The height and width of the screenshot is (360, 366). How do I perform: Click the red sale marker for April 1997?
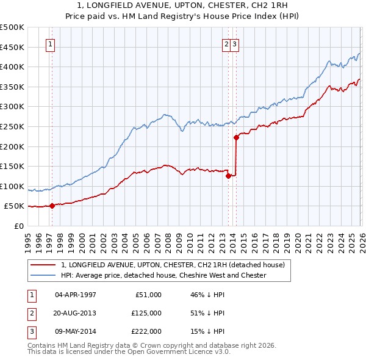(52, 206)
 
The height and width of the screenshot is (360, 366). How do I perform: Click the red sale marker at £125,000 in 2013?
(228, 176)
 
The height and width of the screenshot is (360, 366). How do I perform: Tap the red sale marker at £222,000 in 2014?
(236, 137)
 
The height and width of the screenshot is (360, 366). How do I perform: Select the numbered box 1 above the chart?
(49, 44)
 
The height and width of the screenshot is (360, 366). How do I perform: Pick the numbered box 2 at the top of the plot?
(226, 44)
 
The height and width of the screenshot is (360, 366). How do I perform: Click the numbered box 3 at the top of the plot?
(235, 44)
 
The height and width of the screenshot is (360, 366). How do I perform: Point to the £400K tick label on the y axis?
(12, 67)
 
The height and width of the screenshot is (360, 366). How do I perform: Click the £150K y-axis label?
(12, 166)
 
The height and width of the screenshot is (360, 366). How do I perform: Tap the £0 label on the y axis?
(18, 226)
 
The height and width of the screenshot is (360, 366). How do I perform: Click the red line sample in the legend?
(43, 265)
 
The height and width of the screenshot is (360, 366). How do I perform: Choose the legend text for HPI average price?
(163, 275)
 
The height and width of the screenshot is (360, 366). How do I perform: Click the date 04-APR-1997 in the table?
(76, 295)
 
